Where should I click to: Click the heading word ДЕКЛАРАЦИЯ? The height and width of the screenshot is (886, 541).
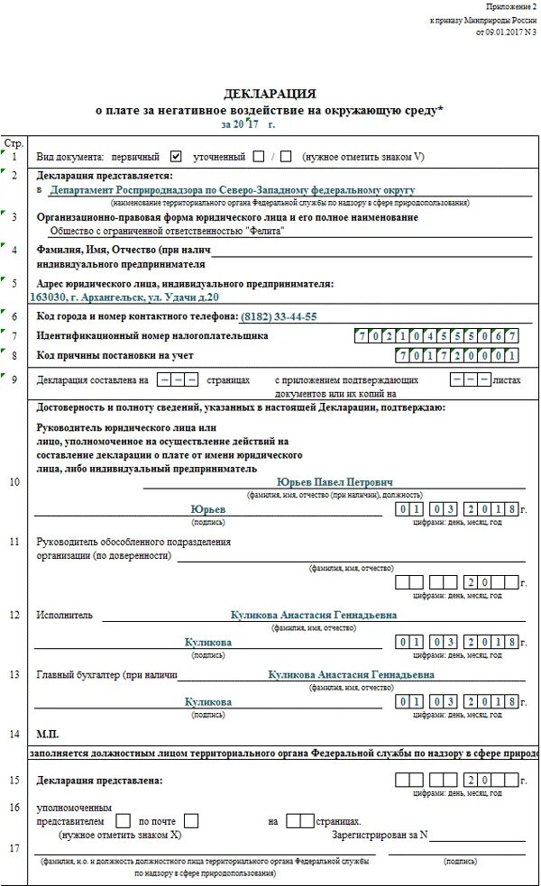click(x=270, y=94)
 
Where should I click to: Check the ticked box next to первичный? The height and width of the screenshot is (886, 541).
click(x=176, y=156)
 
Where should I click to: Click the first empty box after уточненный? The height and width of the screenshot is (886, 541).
click(x=259, y=156)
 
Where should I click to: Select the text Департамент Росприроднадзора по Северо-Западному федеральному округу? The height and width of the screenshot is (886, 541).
click(x=232, y=191)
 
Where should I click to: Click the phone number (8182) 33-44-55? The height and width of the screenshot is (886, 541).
click(x=279, y=317)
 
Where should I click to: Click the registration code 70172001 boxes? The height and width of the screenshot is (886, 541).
click(x=458, y=356)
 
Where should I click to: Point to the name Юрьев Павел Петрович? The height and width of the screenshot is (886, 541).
click(x=335, y=482)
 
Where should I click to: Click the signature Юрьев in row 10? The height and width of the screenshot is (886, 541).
click(x=208, y=509)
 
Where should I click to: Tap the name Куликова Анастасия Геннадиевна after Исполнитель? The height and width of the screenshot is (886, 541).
click(x=314, y=615)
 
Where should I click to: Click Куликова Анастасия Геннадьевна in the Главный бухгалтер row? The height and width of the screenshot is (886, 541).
click(x=351, y=674)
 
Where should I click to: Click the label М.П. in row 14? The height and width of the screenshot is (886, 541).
click(x=47, y=734)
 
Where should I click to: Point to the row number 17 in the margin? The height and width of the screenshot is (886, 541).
click(x=14, y=848)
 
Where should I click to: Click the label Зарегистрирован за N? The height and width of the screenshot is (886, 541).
click(x=379, y=836)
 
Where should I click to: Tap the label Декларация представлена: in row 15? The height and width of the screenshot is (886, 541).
click(x=99, y=780)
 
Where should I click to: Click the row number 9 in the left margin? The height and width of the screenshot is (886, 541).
click(x=14, y=380)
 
